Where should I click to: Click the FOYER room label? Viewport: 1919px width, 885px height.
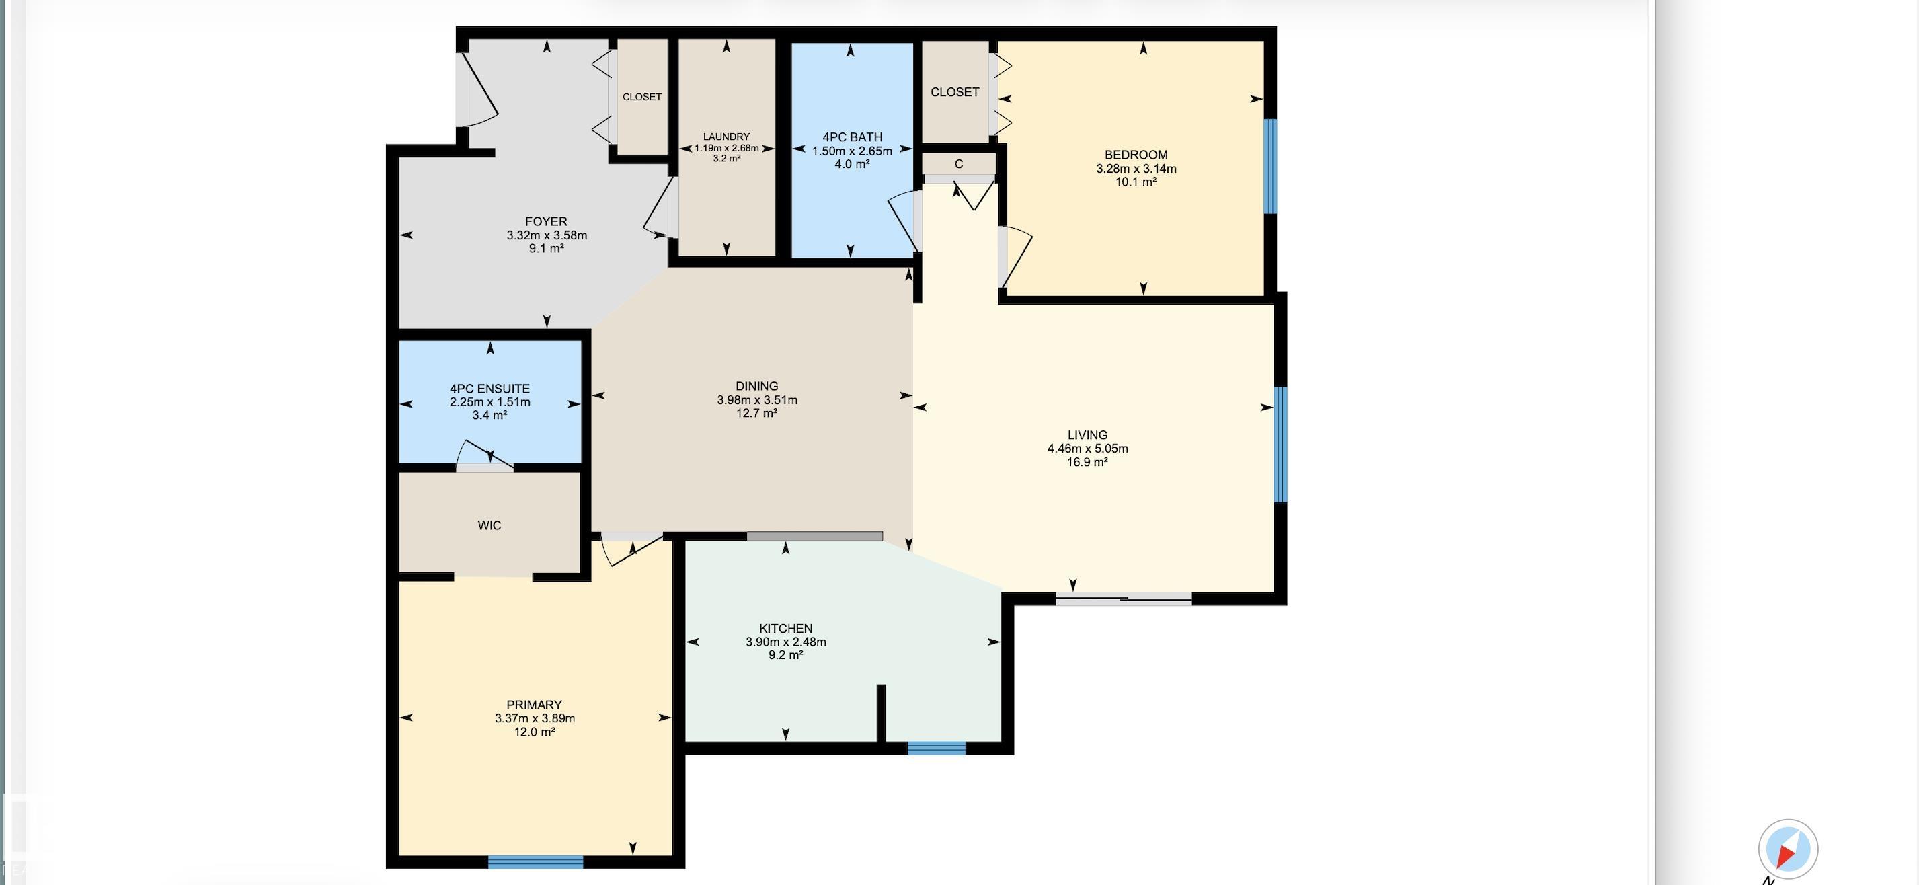pyautogui.click(x=546, y=222)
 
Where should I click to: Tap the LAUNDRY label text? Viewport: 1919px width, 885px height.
pyautogui.click(x=726, y=137)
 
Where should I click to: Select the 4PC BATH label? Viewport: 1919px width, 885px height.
pyautogui.click(x=852, y=137)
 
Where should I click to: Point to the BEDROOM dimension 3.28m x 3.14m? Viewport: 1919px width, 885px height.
pyautogui.click(x=1136, y=169)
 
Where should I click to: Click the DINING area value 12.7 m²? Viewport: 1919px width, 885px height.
pyautogui.click(x=757, y=413)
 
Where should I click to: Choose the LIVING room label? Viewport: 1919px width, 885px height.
pyautogui.click(x=1088, y=435)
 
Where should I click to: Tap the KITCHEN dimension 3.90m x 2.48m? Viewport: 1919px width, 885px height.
pyautogui.click(x=786, y=642)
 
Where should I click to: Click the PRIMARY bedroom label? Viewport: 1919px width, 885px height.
pyautogui.click(x=534, y=705)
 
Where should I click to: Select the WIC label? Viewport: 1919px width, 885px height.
pyautogui.click(x=489, y=526)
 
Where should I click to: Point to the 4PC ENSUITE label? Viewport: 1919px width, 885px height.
pyautogui.click(x=489, y=389)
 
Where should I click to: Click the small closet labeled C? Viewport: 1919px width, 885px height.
pyautogui.click(x=959, y=165)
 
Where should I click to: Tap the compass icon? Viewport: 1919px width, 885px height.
pyautogui.click(x=1788, y=849)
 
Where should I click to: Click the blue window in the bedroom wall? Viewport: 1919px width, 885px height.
pyautogui.click(x=1271, y=166)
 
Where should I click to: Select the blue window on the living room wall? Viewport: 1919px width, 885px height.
pyautogui.click(x=1281, y=445)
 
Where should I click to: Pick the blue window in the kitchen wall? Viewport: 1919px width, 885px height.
pyautogui.click(x=937, y=748)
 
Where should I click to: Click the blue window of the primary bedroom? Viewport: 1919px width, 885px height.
pyautogui.click(x=536, y=862)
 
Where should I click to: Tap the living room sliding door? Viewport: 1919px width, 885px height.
pyautogui.click(x=1124, y=599)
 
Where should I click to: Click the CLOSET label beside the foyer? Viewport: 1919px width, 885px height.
pyautogui.click(x=642, y=97)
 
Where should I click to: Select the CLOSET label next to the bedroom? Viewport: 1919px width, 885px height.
pyautogui.click(x=955, y=92)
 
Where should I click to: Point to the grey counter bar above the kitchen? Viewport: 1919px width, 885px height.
pyautogui.click(x=815, y=537)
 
